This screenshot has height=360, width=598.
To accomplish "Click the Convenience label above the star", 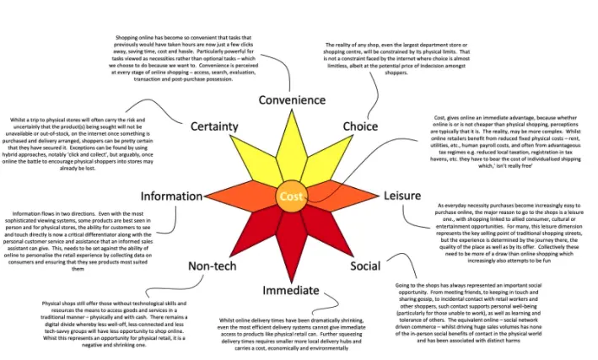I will pyautogui.click(x=291, y=100).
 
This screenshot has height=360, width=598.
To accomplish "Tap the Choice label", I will pyautogui.click(x=360, y=126).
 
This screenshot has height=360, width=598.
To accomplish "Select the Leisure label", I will pyautogui.click(x=402, y=196).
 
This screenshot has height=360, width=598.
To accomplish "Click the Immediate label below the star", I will pyautogui.click(x=291, y=291).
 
